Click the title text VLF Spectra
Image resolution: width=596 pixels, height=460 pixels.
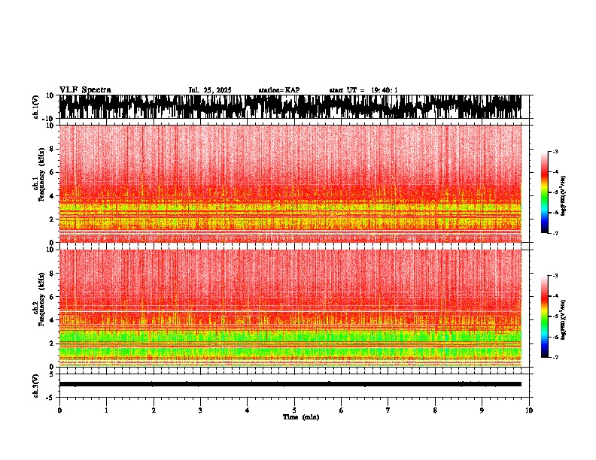point(85,90)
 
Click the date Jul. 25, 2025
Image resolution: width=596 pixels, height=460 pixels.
point(210,90)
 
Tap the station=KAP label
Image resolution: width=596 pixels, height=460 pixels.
point(278,90)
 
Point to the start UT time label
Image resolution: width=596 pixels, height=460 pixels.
point(363,90)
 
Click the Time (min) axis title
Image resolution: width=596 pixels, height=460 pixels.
point(300,416)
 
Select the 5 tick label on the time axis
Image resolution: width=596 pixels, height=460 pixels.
point(294,410)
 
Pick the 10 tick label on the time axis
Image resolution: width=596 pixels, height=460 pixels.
point(530,410)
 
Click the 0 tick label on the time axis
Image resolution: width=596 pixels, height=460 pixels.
point(59,410)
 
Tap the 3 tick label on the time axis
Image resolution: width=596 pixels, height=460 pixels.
point(200,410)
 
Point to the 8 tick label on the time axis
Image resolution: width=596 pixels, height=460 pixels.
point(435,410)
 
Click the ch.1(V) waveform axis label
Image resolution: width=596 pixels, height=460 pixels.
point(35,107)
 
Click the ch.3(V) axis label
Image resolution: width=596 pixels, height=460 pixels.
point(35,383)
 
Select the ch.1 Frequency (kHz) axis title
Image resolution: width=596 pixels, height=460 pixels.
point(36,183)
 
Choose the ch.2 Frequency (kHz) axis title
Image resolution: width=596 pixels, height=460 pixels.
point(36,307)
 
